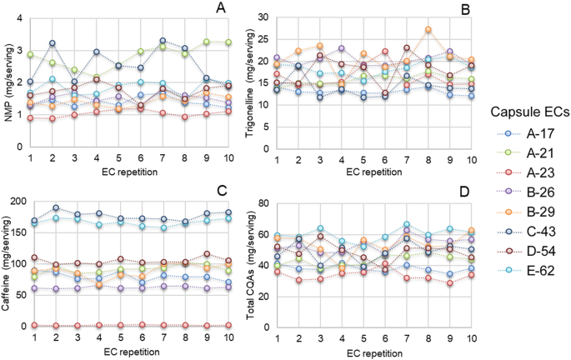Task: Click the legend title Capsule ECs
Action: [x=523, y=112]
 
